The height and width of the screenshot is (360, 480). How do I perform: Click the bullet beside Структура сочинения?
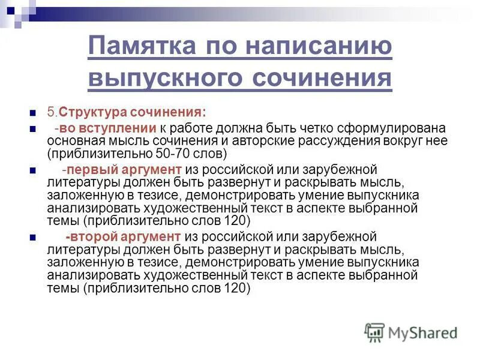pos(33,113)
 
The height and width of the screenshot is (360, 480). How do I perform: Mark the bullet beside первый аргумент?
pos(33,170)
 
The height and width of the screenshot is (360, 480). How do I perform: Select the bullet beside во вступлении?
pos(33,129)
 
